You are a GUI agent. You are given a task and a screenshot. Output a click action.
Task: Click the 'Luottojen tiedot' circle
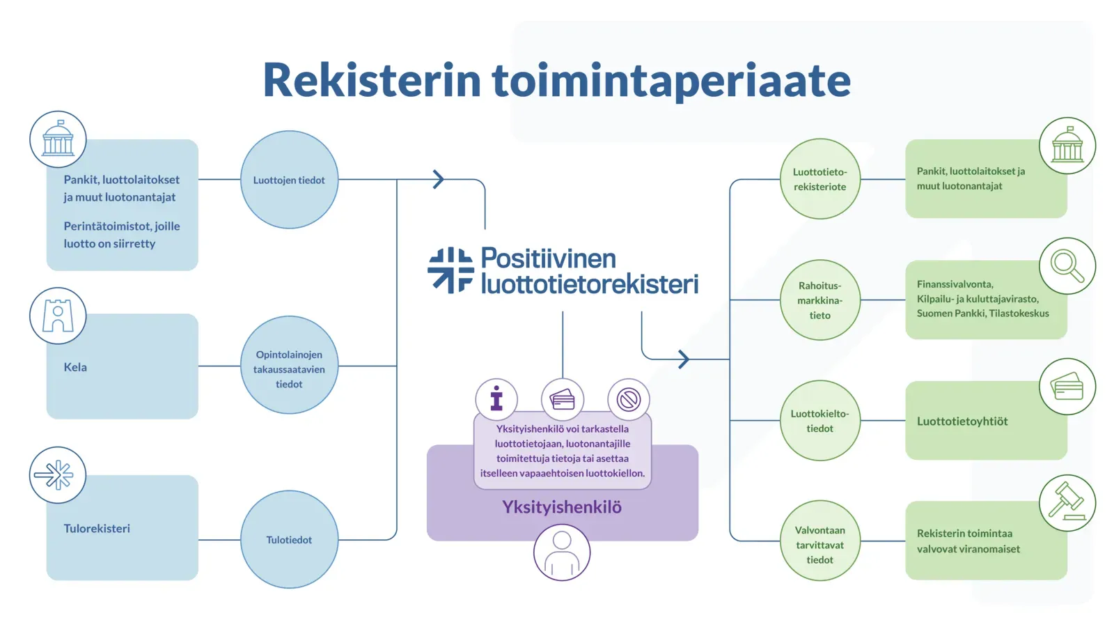pos(289,180)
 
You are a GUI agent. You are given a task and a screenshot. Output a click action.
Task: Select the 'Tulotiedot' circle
pos(289,539)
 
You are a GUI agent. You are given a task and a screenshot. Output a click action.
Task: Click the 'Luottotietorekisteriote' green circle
pos(819,179)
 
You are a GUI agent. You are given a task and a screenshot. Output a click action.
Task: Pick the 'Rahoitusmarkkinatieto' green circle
pos(819,300)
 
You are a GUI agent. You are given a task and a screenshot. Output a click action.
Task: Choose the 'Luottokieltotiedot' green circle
pos(819,421)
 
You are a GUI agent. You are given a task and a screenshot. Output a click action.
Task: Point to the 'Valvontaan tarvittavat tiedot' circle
pos(819,541)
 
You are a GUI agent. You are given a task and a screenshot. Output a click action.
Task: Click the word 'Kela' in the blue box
pos(75,367)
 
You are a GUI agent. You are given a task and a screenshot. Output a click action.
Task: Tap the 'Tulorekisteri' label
pos(97,529)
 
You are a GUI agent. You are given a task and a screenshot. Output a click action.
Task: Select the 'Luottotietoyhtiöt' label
pos(962,421)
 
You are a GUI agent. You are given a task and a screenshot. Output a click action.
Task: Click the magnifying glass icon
pos(1067,266)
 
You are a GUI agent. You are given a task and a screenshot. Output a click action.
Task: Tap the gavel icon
pos(1067,502)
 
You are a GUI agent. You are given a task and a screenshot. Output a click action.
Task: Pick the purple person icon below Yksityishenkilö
pos(562,553)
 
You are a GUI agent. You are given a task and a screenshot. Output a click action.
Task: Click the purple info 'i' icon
pos(496,399)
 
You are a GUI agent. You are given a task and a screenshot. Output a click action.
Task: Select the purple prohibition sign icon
pos(629,400)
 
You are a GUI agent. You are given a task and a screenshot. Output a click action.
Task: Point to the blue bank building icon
pos(58,139)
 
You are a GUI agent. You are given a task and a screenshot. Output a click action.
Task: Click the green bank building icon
pos(1067,146)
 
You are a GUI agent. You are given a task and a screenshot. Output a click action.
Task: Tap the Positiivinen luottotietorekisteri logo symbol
pos(451,270)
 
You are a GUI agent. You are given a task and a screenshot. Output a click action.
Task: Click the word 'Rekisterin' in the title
pos(372,80)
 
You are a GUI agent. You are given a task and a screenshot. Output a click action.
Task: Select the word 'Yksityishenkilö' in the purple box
pos(562,507)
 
